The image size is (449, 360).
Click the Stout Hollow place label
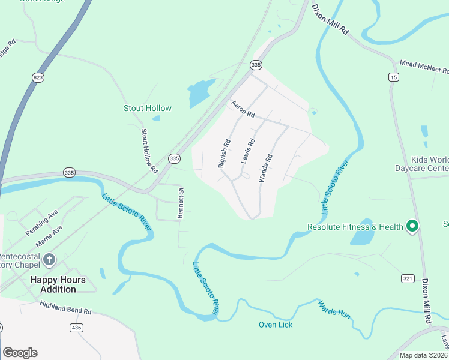pyautogui.click(x=148, y=109)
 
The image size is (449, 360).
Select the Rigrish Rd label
pyautogui.click(x=224, y=152)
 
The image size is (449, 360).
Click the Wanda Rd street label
pyautogui.click(x=266, y=168)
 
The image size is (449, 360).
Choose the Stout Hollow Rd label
pyautogui.click(x=148, y=148)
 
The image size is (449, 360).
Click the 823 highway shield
pyautogui.click(x=38, y=77)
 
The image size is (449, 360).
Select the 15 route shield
pyautogui.click(x=394, y=77)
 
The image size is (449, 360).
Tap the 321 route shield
pyautogui.click(x=408, y=278)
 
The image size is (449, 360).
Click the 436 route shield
pyautogui.click(x=76, y=327)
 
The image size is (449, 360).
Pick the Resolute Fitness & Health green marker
pyautogui.click(x=412, y=226)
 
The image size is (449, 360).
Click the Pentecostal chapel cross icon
pyautogui.click(x=49, y=260)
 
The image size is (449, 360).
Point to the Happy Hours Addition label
pyautogui.click(x=58, y=284)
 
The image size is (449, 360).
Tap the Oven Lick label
pyautogui.click(x=276, y=325)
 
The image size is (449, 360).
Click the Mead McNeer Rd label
pyautogui.click(x=424, y=65)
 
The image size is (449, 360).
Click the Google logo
pyautogui.click(x=20, y=353)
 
